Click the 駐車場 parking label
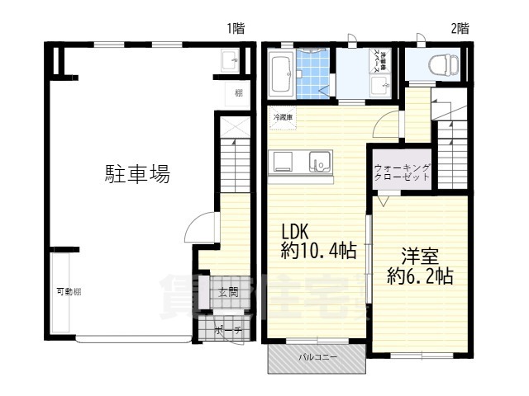pyautogui.click(x=137, y=174)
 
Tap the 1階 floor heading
pyautogui.click(x=236, y=27)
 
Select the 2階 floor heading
pyautogui.click(x=460, y=27)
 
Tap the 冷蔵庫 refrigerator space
pyautogui.click(x=282, y=117)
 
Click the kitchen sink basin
pyautogui.click(x=319, y=162)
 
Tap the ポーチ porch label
pyautogui.click(x=227, y=332)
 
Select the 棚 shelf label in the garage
pyautogui.click(x=238, y=92)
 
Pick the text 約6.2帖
pyautogui.click(x=420, y=276)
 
